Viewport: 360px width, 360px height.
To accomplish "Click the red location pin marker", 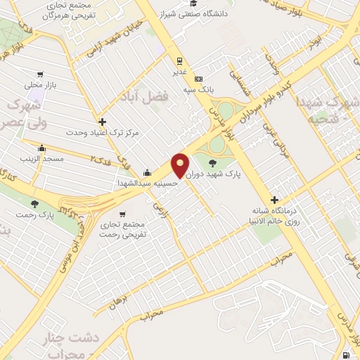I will click(x=181, y=166).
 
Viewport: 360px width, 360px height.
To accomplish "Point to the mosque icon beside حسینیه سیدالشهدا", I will click(x=146, y=172).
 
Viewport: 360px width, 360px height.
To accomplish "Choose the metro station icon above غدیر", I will click(x=180, y=60).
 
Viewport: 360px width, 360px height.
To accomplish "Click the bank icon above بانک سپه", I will click(x=199, y=79).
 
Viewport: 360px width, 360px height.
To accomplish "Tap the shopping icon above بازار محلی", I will click(x=42, y=74).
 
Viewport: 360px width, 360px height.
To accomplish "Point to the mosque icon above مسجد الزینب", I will click(x=42, y=149).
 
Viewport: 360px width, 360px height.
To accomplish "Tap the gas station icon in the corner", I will click(x=350, y=355).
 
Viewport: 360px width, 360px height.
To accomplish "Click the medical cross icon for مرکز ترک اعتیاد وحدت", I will click(x=103, y=122).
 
